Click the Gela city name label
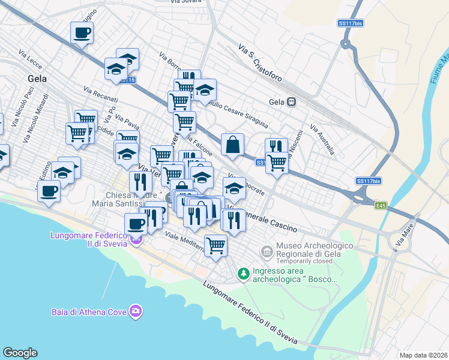tap(37, 78)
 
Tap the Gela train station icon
tap(291, 102)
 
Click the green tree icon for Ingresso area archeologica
tap(243, 274)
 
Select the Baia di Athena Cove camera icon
tap(136, 311)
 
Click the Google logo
tap(20, 353)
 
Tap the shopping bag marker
tap(232, 145)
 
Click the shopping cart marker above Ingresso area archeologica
tap(215, 245)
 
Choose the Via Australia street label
tap(322, 139)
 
